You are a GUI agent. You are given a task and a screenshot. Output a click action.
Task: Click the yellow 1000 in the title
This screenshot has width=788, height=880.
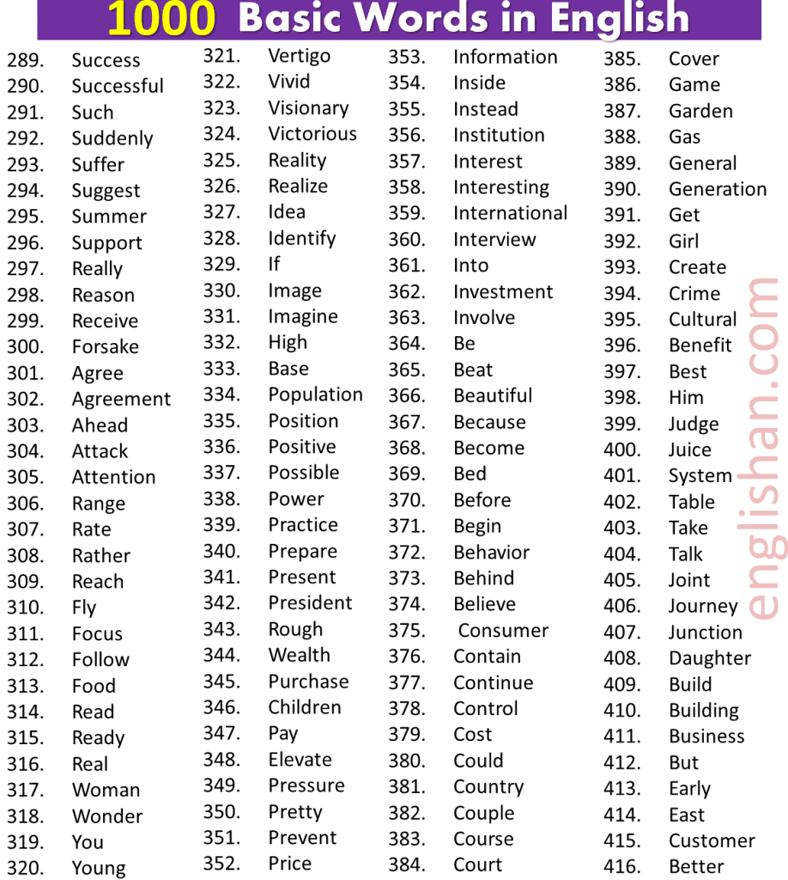(x=161, y=19)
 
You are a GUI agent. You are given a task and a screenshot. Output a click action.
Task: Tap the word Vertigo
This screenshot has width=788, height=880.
(x=299, y=56)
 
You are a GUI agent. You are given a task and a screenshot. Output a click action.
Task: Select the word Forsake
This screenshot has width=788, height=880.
(x=105, y=347)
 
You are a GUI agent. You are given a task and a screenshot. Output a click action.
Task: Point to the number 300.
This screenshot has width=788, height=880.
(x=25, y=347)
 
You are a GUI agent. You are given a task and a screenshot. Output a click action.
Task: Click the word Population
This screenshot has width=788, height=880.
(x=315, y=394)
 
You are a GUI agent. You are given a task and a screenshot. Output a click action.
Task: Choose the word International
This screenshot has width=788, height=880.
(x=510, y=213)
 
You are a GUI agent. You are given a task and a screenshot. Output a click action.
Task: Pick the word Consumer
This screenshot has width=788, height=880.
(x=503, y=630)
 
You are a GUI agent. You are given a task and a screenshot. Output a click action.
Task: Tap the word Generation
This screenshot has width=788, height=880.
(x=718, y=189)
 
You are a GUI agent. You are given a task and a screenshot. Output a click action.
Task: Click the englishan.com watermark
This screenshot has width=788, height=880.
(x=761, y=447)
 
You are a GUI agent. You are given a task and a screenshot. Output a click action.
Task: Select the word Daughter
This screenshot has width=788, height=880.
(x=710, y=658)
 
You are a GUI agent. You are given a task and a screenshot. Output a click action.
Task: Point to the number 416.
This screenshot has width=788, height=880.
(x=621, y=866)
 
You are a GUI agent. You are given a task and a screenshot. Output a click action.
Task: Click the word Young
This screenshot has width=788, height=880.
(x=99, y=868)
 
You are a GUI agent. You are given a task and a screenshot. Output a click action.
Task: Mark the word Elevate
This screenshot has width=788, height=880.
(x=300, y=760)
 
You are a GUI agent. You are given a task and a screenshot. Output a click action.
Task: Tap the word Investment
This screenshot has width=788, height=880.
(x=503, y=291)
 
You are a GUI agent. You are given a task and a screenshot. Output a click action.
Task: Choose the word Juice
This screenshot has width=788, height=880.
(x=689, y=449)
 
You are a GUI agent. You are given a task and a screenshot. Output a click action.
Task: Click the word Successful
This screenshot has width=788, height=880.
(x=118, y=86)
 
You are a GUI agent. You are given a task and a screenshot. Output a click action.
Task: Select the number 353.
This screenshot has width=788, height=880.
(x=406, y=58)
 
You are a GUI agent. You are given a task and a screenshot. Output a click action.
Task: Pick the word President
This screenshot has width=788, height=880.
(x=310, y=602)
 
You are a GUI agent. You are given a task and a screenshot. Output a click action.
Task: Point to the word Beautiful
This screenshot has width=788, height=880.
(x=493, y=395)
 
